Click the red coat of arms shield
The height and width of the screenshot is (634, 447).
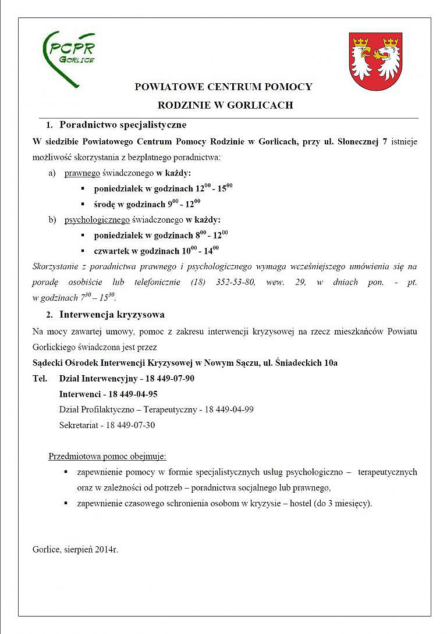tap(375, 61)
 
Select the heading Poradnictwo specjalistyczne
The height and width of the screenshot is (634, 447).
tap(123, 125)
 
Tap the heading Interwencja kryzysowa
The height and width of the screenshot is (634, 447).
tap(112, 315)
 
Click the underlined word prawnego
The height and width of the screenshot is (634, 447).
tap(82, 173)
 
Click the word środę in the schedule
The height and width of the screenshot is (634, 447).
tap(105, 204)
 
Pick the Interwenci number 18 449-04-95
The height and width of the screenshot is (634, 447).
tap(130, 394)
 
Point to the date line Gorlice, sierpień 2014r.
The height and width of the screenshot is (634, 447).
tap(76, 549)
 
